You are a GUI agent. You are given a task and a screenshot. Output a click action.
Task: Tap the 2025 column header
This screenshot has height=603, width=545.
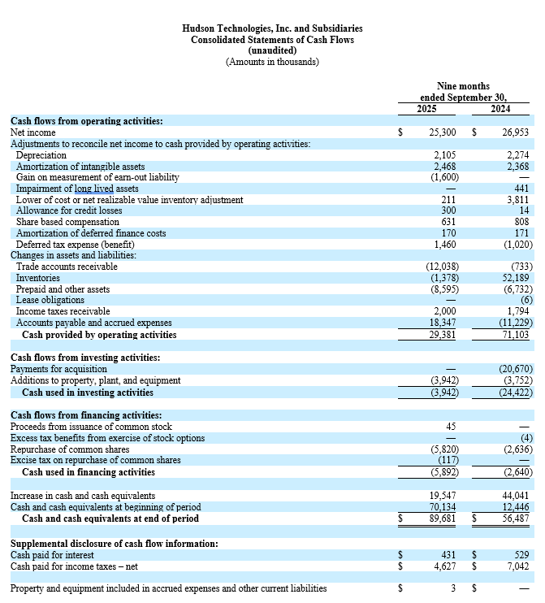coord(427,109)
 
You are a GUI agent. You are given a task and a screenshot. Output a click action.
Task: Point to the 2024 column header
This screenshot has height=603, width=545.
coord(501,109)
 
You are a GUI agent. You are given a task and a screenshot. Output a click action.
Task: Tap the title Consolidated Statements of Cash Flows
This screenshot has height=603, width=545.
coord(272,40)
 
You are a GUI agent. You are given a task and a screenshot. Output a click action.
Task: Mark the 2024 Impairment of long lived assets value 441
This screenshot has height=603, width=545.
coord(521,189)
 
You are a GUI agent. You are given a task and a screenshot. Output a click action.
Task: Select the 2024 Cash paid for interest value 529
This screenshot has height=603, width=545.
coord(521,555)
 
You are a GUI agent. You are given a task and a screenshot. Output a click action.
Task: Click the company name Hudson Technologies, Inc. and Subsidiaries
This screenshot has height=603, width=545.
coord(272,28)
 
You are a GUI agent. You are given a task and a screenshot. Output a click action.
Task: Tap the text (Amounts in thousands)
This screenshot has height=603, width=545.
coord(272,62)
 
